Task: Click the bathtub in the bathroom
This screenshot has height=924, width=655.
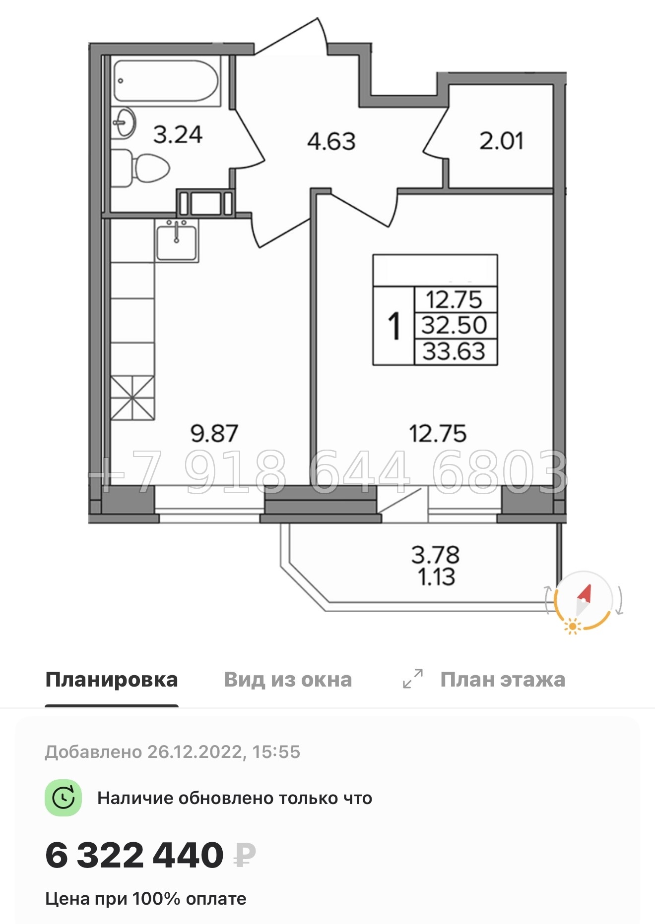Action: coord(166,81)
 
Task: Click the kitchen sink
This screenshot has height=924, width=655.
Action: coord(177,242)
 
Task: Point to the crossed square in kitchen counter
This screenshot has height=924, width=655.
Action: coord(132,398)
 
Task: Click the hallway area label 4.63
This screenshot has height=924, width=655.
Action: coord(331,142)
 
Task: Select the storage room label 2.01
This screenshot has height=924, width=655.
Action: coord(501,141)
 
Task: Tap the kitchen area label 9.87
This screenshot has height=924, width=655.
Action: coord(214,433)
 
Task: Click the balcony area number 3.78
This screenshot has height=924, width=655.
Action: coord(435,555)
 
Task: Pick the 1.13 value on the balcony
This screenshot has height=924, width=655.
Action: coord(436,577)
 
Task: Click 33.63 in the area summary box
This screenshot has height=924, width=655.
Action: coord(454,351)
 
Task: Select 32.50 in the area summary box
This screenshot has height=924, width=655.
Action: coord(454,326)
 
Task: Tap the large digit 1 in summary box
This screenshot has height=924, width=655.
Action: coord(394,326)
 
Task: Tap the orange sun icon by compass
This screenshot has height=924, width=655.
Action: coord(573,627)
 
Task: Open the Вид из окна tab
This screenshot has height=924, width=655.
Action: coord(288,680)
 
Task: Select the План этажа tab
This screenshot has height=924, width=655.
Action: coord(502,680)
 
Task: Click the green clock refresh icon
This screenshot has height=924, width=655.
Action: coord(64,798)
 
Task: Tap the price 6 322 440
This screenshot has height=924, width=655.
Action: coord(134,856)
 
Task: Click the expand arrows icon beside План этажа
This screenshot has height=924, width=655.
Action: coord(413,679)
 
